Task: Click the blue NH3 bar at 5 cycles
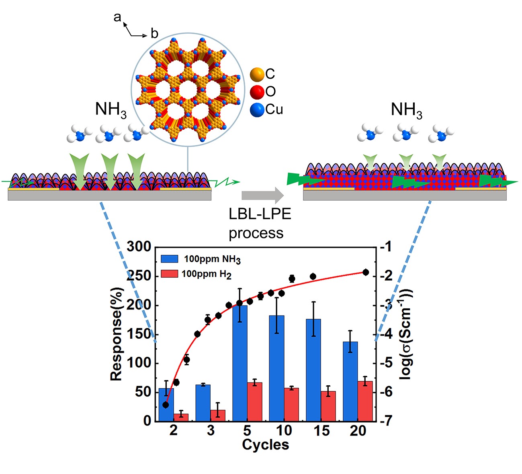[x=240, y=363]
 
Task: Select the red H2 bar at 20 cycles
[x=365, y=401]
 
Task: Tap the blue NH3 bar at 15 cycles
[x=313, y=370]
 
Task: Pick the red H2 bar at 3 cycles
[x=218, y=415]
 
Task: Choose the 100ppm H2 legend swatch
[x=169, y=274]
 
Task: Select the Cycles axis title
[x=265, y=445]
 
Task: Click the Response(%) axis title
[x=117, y=334]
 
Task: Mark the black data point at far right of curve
[x=365, y=273]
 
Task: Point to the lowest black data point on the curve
[x=166, y=405]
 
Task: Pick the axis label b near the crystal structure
[x=154, y=34]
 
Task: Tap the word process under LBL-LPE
[x=256, y=233]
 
